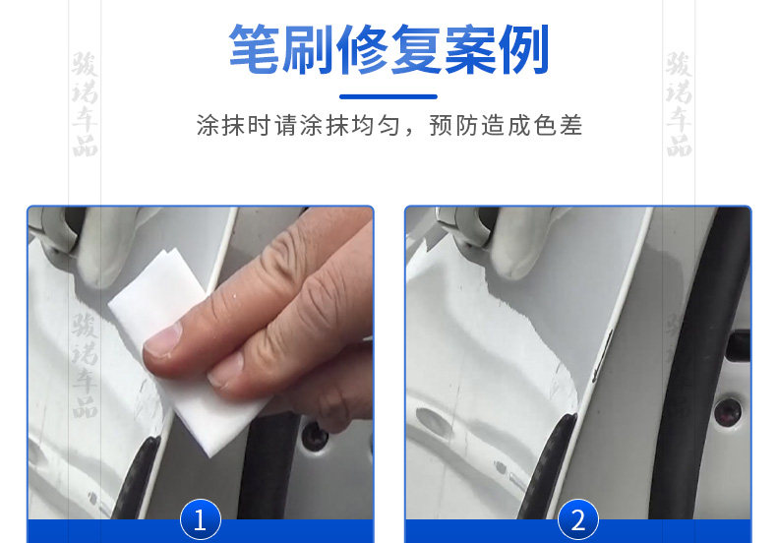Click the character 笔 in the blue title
[x=255, y=49]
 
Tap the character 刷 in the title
[x=308, y=49]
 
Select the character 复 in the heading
[x=416, y=49]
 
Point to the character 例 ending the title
[x=523, y=49]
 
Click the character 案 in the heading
[x=470, y=49]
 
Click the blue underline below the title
[x=388, y=96]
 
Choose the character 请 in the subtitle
[x=286, y=125]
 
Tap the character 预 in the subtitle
[x=441, y=125]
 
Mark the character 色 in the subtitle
[x=545, y=125]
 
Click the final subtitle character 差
[x=570, y=125]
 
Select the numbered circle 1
[x=201, y=519]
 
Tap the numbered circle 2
[x=577, y=519]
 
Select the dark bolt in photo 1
[x=315, y=436]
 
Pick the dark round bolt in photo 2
[x=728, y=411]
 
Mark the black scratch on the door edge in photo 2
[x=603, y=356]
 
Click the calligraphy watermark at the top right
[x=679, y=103]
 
